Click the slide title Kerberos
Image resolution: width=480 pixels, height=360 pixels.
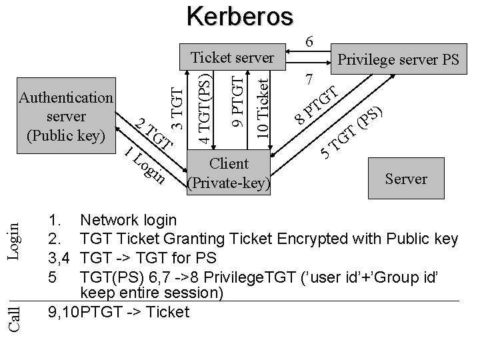point(239,16)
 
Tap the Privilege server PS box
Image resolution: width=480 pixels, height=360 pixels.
point(399,60)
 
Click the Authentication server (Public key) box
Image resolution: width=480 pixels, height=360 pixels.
point(66,117)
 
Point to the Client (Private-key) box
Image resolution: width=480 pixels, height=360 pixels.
point(229,173)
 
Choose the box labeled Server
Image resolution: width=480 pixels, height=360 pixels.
point(405,179)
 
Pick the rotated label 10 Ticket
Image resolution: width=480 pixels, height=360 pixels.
point(264,107)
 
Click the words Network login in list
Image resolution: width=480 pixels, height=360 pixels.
point(128,220)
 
